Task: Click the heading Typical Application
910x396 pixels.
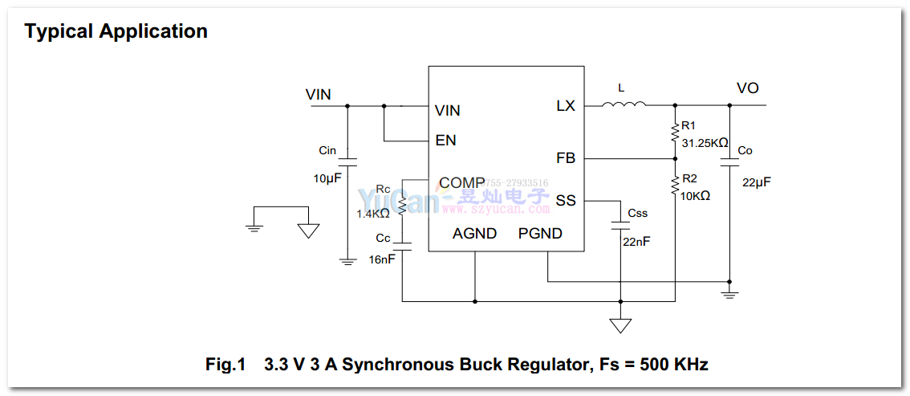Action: pos(116,31)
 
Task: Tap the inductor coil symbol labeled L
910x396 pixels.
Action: pos(624,104)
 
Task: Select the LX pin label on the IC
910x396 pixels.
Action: pos(566,105)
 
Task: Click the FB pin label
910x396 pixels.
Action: pos(566,158)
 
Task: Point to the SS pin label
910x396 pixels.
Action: pos(566,200)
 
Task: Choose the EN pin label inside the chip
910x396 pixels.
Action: pos(445,141)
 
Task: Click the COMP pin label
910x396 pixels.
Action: pos(461,183)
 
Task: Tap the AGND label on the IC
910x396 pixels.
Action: pos(474,234)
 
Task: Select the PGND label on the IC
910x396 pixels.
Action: pos(540,234)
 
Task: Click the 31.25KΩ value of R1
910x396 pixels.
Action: pos(705,143)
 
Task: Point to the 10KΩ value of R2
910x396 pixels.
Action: pos(696,195)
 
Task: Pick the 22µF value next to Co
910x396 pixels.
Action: pos(756,182)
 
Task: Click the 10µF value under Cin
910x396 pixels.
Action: pos(327,178)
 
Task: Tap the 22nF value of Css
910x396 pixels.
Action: pos(637,242)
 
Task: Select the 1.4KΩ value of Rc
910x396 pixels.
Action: pos(373,214)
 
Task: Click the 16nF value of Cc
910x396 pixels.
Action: pos(382,259)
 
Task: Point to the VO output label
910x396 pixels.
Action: pos(747,88)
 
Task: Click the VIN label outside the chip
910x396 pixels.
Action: pos(319,95)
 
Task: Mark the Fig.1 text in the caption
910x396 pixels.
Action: pos(225,365)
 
